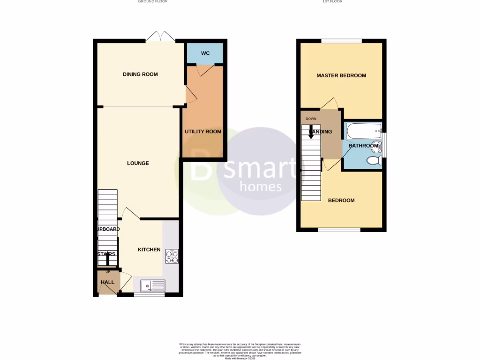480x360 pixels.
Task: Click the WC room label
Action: pos(205,53)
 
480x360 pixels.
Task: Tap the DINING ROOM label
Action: pos(140,74)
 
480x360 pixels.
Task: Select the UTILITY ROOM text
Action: pos(203,132)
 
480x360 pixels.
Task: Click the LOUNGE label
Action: pos(138,163)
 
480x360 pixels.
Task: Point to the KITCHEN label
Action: pos(149,250)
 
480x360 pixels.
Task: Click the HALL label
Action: pos(107,282)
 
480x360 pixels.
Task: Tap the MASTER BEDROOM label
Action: pos(341,75)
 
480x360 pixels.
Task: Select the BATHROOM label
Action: pos(363,146)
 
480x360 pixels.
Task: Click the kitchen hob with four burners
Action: pos(172,256)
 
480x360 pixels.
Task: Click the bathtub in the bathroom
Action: pos(364,131)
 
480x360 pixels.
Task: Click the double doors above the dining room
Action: pos(160,36)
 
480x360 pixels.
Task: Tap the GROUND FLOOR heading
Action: pos(152,2)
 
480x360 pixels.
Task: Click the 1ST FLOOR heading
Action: pos(332,2)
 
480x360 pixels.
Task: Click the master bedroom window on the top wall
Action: pos(341,41)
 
